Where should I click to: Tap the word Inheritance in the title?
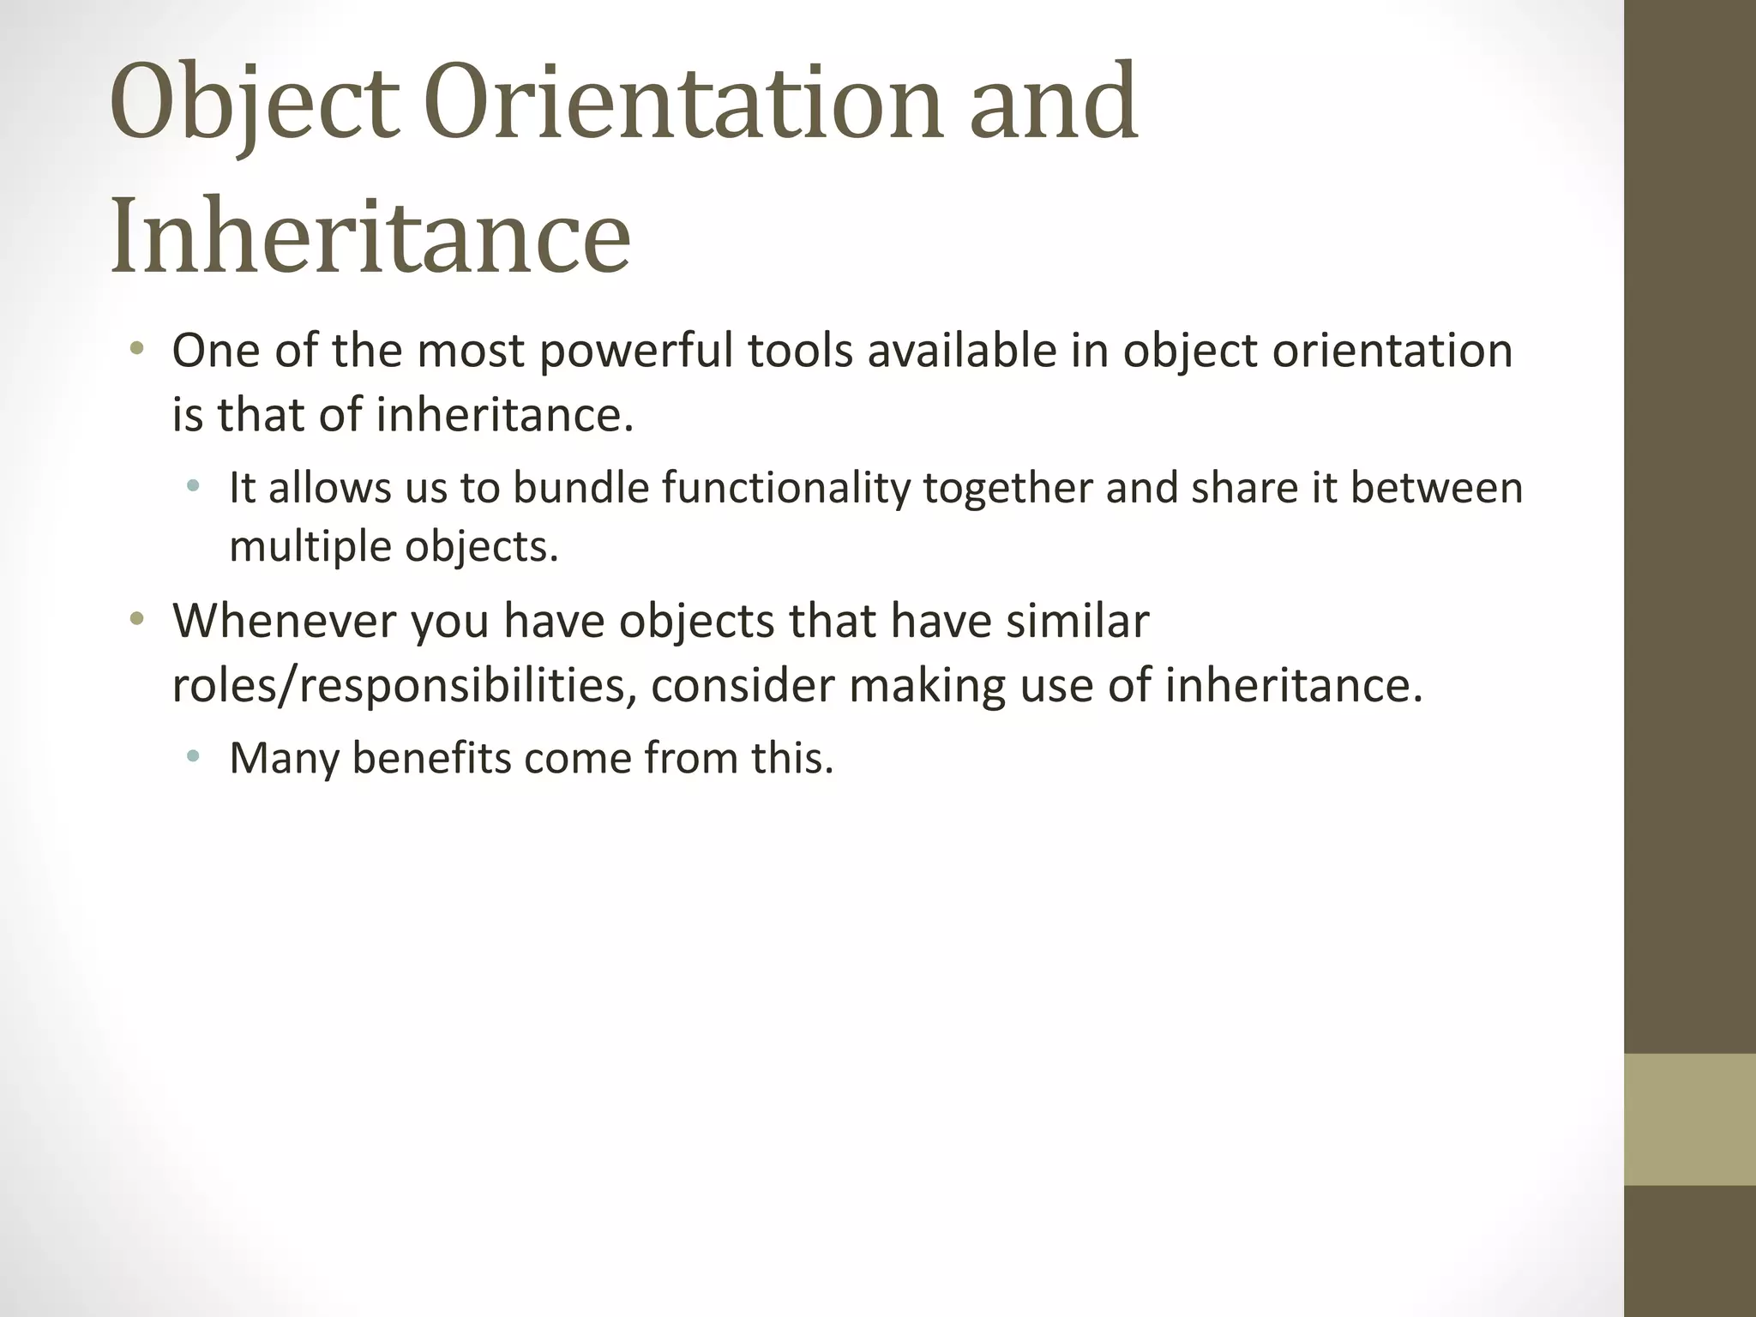[x=370, y=236]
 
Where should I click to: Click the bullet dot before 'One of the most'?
[x=136, y=349]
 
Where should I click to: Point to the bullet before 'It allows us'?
[x=194, y=486]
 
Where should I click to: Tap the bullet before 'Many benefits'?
[x=194, y=756]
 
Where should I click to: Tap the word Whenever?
[x=284, y=620]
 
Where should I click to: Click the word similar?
[x=1077, y=620]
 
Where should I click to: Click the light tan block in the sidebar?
[x=1689, y=1119]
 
